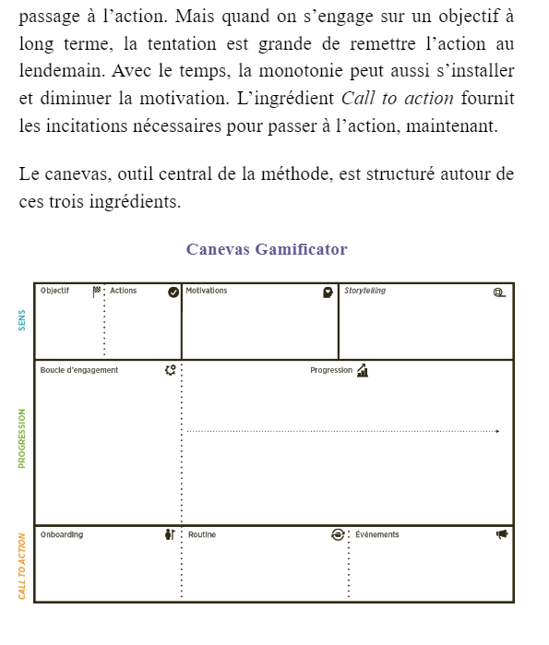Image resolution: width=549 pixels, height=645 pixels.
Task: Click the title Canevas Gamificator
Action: (267, 249)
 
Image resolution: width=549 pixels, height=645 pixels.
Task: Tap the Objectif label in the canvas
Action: (54, 291)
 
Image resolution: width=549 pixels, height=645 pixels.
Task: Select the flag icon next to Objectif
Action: (97, 292)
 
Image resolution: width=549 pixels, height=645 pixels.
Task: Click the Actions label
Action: (123, 291)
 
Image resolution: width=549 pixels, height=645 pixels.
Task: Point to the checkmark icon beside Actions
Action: (173, 293)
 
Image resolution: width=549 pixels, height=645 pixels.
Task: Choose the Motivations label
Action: (207, 291)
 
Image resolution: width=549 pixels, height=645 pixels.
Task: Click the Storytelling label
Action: (365, 291)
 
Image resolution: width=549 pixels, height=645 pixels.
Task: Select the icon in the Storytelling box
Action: (499, 293)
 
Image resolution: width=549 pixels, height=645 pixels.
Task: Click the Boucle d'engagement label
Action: (79, 370)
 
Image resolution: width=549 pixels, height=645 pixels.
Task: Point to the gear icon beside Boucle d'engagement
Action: (170, 370)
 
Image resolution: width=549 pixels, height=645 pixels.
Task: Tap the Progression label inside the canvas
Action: (331, 370)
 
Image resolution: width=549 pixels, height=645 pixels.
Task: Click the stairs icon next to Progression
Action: (363, 370)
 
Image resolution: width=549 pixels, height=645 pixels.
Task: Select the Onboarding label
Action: (62, 534)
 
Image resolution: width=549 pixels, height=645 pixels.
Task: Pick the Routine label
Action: (202, 534)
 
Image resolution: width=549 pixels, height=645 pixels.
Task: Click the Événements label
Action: (377, 534)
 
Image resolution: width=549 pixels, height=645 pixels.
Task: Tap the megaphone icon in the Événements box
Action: (502, 534)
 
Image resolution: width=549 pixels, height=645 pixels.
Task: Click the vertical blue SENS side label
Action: (22, 319)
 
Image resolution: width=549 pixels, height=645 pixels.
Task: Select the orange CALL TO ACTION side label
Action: (22, 566)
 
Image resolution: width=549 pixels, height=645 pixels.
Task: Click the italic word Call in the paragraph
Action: (356, 99)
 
